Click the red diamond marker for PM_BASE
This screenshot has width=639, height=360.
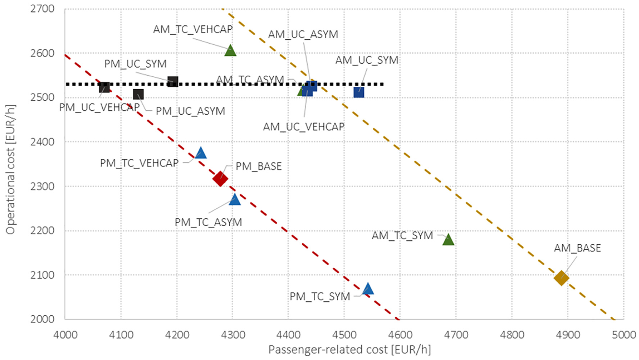tap(220, 179)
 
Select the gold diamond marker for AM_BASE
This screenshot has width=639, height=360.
tap(561, 278)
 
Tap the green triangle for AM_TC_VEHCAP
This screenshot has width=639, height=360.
tap(230, 50)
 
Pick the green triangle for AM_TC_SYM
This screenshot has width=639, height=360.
tap(448, 240)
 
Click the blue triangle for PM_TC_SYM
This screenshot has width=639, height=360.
tap(368, 288)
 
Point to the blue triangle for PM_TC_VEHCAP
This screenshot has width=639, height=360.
tap(201, 153)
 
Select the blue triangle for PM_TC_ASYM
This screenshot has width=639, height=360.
tap(235, 199)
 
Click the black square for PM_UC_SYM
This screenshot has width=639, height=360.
tap(173, 82)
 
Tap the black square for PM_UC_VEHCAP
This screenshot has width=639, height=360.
tap(105, 87)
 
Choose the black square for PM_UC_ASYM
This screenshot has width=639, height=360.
tap(138, 94)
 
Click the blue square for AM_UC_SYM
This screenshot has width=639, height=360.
tap(359, 92)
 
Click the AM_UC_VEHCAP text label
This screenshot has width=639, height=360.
tap(304, 127)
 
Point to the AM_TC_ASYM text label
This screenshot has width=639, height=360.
tap(250, 79)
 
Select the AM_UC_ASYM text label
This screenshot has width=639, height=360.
tap(303, 34)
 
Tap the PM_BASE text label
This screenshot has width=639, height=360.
tap(259, 166)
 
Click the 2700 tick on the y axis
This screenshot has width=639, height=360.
tap(42, 9)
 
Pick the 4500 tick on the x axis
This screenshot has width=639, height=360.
tap(344, 335)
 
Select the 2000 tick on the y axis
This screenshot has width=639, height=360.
tap(42, 319)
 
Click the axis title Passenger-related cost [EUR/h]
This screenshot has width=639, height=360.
tap(349, 350)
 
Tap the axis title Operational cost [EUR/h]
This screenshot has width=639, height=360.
tap(10, 169)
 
